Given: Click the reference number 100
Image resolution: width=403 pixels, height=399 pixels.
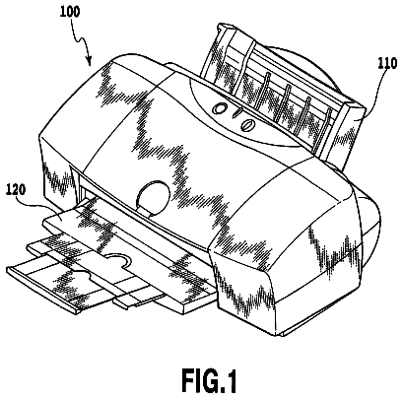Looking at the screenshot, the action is pyautogui.click(x=70, y=12).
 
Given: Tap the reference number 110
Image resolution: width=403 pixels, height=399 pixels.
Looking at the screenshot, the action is pyautogui.click(x=387, y=64).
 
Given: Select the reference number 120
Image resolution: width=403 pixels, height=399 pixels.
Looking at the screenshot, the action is pyautogui.click(x=16, y=191).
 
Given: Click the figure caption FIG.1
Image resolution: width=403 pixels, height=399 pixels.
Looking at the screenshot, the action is pyautogui.click(x=209, y=380).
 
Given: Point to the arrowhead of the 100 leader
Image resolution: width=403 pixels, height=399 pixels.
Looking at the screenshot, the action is pyautogui.click(x=89, y=61).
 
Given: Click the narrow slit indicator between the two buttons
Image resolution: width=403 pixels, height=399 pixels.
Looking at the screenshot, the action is pyautogui.click(x=236, y=114).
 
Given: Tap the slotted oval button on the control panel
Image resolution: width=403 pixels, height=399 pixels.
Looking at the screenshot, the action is pyautogui.click(x=247, y=125).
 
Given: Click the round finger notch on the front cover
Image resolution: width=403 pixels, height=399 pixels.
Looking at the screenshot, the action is pyautogui.click(x=154, y=197).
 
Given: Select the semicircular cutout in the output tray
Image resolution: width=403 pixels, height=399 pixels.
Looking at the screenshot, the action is pyautogui.click(x=116, y=258).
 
